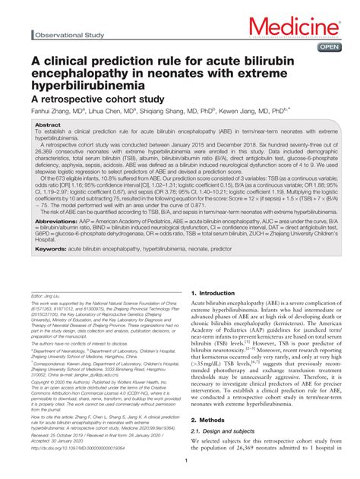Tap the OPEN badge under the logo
327,48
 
